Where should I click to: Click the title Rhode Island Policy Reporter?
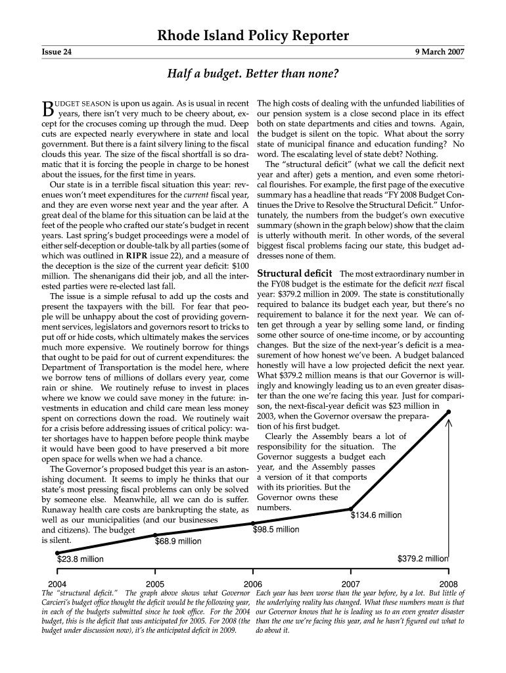pyautogui.click(x=252, y=36)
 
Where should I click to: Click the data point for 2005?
pyautogui.click(x=155, y=536)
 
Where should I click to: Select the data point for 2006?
pyautogui.click(x=253, y=523)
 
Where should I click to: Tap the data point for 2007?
pyautogui.click(x=351, y=509)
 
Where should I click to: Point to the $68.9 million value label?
pyautogui.click(x=178, y=542)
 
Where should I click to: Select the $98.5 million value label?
pyautogui.click(x=276, y=529)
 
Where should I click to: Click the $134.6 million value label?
pyautogui.click(x=376, y=515)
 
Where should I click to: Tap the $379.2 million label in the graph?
pyautogui.click(x=423, y=559)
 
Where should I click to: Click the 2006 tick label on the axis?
pyautogui.click(x=253, y=584)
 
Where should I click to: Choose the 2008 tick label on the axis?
pyautogui.click(x=448, y=584)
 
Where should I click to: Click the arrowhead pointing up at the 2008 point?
pyautogui.click(x=449, y=425)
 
